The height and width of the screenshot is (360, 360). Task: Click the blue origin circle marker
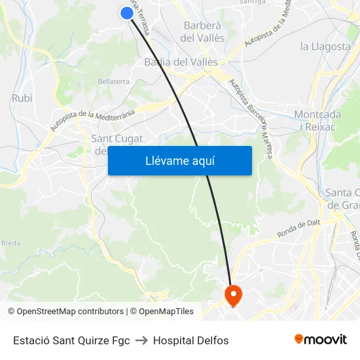point(127,12)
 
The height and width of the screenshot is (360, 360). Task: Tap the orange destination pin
point(233,295)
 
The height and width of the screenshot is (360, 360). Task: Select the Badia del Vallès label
point(181,62)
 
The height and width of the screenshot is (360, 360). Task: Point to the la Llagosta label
point(325,46)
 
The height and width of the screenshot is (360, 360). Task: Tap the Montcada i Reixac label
point(317,120)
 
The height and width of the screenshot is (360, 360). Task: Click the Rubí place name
point(22,98)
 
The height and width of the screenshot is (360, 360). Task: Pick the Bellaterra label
point(113,81)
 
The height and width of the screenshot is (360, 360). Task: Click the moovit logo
point(321,339)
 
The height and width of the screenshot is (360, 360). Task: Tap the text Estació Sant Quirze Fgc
point(71,340)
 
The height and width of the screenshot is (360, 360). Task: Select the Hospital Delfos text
point(191,340)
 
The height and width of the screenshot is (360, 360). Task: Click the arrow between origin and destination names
point(141,340)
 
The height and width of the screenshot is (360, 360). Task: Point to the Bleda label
point(10,242)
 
